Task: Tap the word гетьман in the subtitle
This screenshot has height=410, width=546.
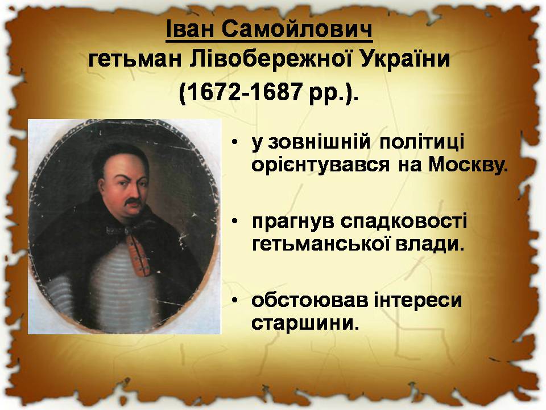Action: [x=135, y=59]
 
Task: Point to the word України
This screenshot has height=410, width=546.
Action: [x=404, y=59]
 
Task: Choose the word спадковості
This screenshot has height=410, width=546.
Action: [x=404, y=222]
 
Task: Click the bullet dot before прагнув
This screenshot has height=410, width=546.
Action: [x=235, y=222]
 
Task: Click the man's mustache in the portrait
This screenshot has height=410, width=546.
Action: [x=133, y=202]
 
